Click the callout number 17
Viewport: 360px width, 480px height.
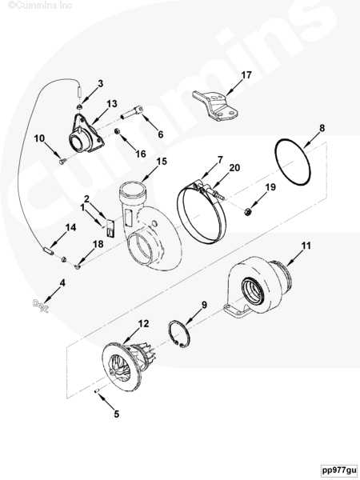(x=246, y=75)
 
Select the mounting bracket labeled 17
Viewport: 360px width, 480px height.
(x=215, y=106)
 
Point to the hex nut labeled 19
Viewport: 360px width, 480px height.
(x=248, y=211)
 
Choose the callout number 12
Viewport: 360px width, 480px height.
(x=143, y=323)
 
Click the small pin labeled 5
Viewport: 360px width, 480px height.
(x=96, y=391)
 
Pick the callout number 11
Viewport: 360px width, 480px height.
(x=306, y=246)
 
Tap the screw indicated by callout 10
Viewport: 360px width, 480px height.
(x=62, y=160)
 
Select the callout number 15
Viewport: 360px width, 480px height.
(x=162, y=162)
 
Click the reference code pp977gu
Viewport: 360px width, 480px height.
(x=339, y=470)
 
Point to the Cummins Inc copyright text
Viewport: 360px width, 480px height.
(x=40, y=5)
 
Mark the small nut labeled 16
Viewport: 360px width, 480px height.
(x=117, y=131)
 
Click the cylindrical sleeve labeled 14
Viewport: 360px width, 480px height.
(x=47, y=250)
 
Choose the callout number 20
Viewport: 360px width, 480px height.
(x=234, y=168)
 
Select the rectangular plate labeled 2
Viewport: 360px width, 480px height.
(x=110, y=228)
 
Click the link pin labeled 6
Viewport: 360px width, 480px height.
(x=132, y=113)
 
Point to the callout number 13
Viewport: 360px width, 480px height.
(x=112, y=104)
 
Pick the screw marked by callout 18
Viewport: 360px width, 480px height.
(x=78, y=267)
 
